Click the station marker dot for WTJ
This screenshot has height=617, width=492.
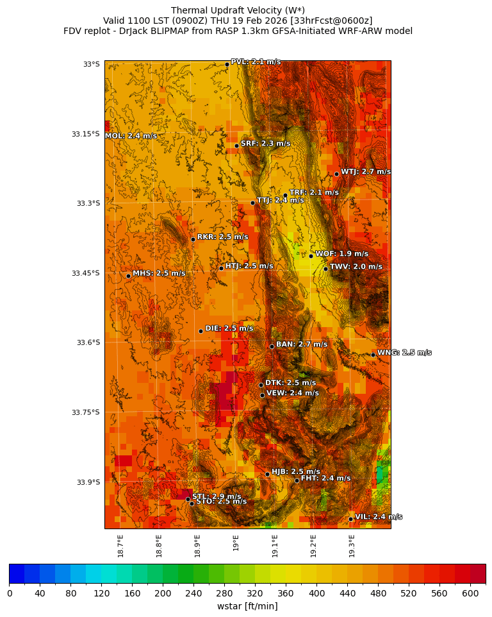[x=336, y=174]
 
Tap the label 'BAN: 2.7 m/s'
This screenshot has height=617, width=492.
[x=301, y=344]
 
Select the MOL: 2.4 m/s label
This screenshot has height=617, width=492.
[x=131, y=136]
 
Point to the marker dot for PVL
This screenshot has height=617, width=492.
[x=227, y=64]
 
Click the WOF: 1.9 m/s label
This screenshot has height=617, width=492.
[x=341, y=254]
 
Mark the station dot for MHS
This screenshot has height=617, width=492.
[x=128, y=276]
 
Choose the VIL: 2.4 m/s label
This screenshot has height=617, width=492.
[x=378, y=517]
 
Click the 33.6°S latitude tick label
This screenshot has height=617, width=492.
[x=88, y=342]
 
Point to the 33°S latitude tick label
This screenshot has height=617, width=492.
[x=91, y=64]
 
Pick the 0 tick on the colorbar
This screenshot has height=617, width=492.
[x=10, y=593]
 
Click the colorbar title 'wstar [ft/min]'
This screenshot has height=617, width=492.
[x=247, y=606]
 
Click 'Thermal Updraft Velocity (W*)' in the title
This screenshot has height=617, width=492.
[x=238, y=10]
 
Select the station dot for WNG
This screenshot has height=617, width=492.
[x=373, y=355]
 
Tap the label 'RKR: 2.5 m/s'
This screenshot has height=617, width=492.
[x=222, y=237]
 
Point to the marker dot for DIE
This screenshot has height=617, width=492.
[x=201, y=331]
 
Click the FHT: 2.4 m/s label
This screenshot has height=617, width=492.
[x=325, y=478]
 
